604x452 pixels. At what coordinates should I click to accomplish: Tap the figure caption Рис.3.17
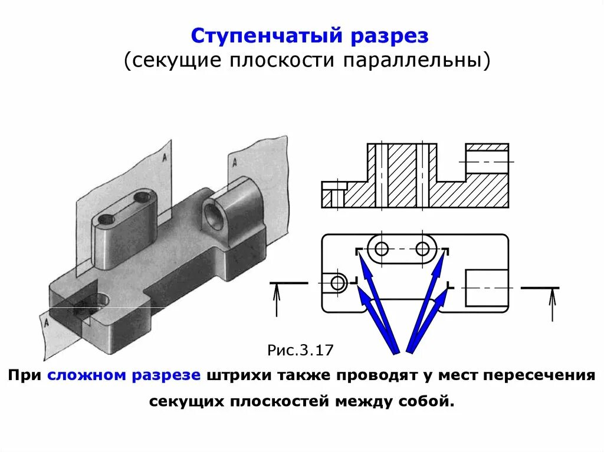301,351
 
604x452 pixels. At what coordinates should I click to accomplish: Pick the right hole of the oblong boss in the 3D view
142,197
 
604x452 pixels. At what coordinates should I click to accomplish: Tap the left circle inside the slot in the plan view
382,249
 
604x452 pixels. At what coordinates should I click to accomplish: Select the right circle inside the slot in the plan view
422,249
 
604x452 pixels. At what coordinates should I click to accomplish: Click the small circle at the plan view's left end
338,283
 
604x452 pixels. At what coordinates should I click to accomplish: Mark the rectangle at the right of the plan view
486,288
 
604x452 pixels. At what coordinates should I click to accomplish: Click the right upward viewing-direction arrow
552,303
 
